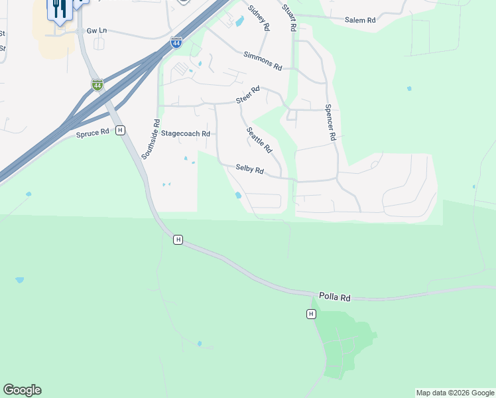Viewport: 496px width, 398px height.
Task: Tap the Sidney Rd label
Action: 258,18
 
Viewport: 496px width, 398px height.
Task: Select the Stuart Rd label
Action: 288,17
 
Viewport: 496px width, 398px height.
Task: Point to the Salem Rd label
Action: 360,21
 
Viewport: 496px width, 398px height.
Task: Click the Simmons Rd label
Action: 263,61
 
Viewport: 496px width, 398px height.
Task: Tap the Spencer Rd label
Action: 331,121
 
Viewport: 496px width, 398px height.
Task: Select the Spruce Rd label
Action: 92,133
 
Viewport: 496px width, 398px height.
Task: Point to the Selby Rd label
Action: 250,170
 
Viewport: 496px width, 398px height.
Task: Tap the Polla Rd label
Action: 334,298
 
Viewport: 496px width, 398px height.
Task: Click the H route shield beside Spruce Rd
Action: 120,130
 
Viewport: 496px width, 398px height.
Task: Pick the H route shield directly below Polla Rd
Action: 311,314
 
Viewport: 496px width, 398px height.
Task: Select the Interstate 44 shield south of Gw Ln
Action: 97,85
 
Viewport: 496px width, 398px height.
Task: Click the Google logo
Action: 22,390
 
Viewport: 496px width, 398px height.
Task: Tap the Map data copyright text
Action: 455,393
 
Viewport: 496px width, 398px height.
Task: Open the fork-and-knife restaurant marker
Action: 59,9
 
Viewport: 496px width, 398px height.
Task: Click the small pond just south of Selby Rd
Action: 238,195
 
